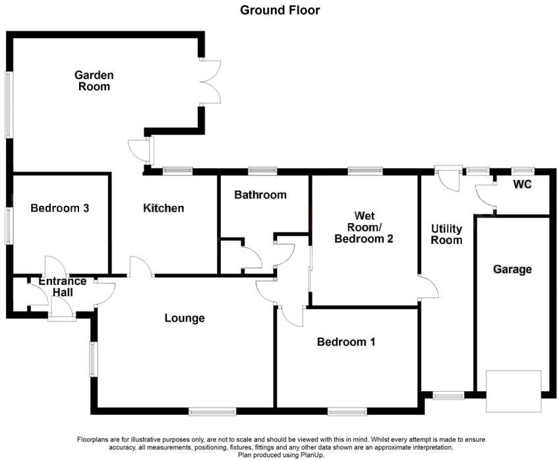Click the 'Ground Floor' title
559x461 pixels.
279,10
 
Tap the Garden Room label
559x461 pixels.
94,80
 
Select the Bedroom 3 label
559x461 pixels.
60,208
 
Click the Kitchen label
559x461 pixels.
163,208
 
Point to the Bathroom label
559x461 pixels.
260,195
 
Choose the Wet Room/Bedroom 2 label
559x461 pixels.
364,228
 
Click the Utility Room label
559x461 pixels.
446,234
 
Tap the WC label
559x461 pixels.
522,185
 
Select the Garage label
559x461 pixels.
512,269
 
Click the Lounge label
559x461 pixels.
185,318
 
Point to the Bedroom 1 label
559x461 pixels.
346,342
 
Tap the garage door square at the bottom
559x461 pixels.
514,391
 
